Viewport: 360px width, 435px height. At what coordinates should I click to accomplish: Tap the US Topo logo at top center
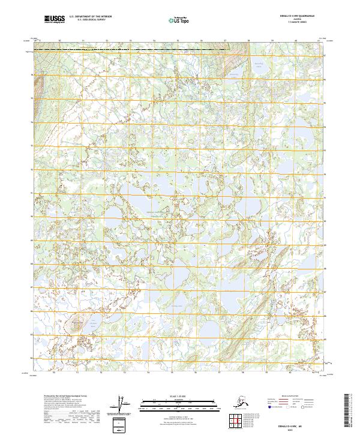[x=178, y=20]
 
